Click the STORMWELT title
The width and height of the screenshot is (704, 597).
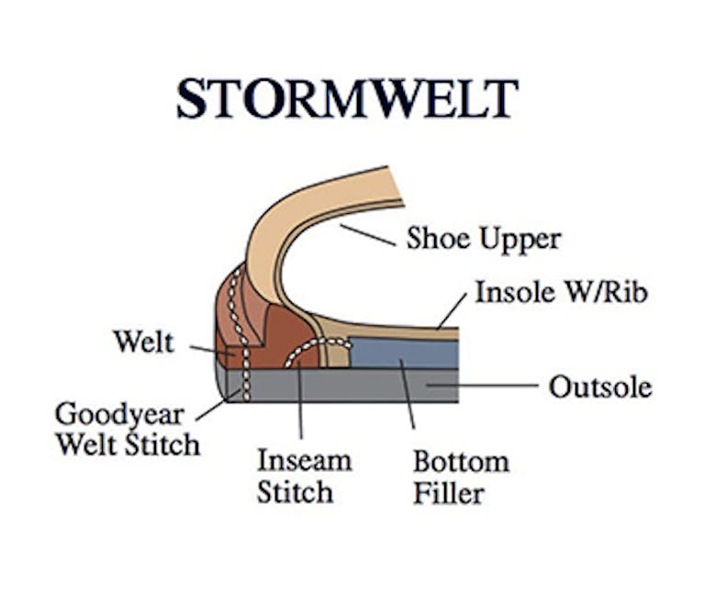[347, 99]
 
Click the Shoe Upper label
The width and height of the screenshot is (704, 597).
[484, 239]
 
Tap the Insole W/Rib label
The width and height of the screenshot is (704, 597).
[561, 292]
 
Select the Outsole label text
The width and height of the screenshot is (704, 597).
[600, 387]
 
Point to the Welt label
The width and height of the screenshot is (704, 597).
[144, 342]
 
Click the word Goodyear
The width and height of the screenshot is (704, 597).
[119, 414]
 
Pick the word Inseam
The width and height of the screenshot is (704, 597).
[305, 460]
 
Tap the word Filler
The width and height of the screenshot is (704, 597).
[448, 493]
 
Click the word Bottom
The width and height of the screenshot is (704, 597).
[461, 461]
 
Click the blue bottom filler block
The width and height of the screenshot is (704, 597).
[404, 353]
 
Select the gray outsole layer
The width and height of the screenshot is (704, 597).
[341, 386]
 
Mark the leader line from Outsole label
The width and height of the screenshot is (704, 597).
[482, 385]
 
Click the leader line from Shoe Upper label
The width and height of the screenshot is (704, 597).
[367, 235]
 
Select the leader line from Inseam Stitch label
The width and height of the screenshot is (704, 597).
[300, 400]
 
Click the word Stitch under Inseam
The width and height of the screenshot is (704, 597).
[295, 492]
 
